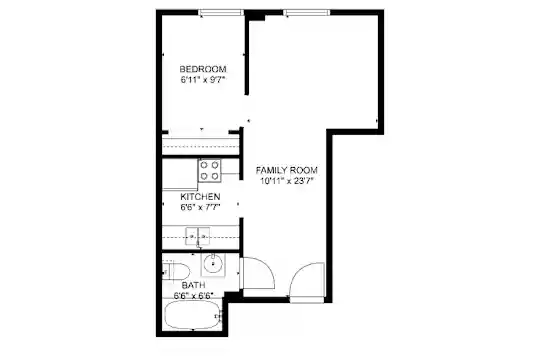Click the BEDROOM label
203,69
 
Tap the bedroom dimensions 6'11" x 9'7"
203,80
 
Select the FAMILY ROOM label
287,170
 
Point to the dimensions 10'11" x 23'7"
287,181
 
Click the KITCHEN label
200,197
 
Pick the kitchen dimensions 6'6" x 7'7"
200,207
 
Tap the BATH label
194,285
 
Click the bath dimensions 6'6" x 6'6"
194,296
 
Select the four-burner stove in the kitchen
209,171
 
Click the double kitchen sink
198,236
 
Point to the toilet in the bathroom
176,272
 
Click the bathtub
193,316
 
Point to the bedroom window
221,13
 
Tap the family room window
306,13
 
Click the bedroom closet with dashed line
201,145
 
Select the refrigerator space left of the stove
180,174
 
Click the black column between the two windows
255,16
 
